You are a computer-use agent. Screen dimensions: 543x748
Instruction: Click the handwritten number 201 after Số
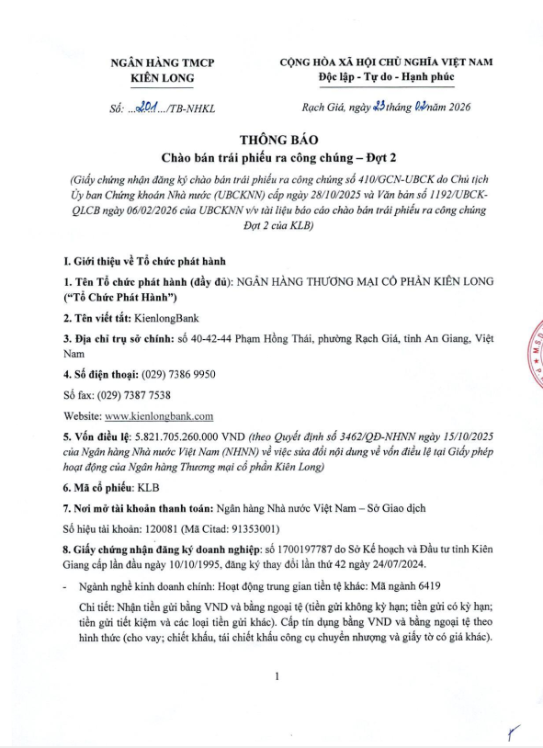pyautogui.click(x=146, y=108)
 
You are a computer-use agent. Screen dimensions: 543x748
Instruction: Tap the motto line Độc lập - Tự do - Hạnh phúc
pyautogui.click(x=386, y=78)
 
